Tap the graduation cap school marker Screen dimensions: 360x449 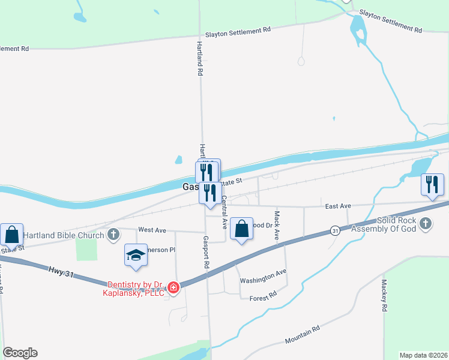(x=136, y=256)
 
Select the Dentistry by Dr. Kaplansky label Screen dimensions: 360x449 (x=136, y=289)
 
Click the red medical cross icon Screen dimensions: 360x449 (x=173, y=288)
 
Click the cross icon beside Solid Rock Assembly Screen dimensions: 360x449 (x=425, y=224)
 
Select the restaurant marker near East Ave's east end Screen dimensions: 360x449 (x=432, y=185)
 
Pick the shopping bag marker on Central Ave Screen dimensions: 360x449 (x=241, y=229)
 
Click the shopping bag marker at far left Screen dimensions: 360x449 (x=11, y=235)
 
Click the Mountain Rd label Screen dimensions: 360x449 (x=303, y=335)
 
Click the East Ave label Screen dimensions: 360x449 (x=337, y=206)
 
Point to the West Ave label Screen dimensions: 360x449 (x=151, y=230)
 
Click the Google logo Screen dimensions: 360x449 (x=20, y=353)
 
